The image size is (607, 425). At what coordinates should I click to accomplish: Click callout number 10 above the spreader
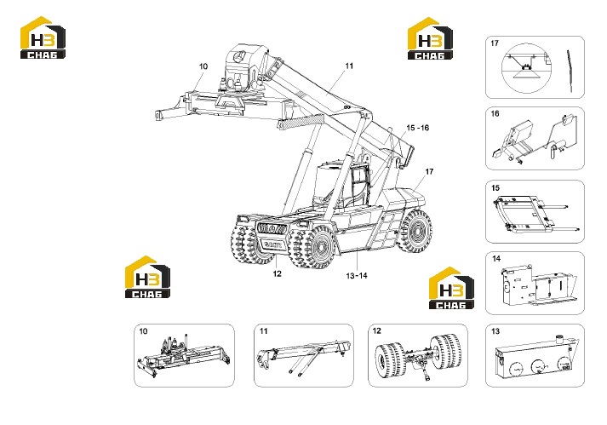point(203,66)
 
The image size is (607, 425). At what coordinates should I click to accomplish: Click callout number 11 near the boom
point(349,66)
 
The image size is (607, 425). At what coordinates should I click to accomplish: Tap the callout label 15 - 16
point(418,128)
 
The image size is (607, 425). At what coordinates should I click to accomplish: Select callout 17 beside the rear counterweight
point(429,171)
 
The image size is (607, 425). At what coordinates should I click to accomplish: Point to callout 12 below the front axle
point(278,273)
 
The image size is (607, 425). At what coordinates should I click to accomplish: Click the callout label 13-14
point(357,276)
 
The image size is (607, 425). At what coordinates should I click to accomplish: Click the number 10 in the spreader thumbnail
point(143,331)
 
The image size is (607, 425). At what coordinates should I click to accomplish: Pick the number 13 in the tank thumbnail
point(495,331)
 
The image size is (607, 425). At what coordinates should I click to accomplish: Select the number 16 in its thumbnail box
point(495,113)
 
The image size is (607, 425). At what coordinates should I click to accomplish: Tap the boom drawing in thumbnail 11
point(303,354)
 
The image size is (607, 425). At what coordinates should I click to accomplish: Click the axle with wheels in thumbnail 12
point(418,356)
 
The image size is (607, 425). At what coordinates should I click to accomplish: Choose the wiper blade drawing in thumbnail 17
point(570,72)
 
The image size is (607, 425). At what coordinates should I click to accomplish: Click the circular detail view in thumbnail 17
point(526,68)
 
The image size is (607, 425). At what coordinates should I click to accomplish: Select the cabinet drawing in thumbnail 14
point(538,284)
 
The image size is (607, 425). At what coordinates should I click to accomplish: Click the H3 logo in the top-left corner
point(43,37)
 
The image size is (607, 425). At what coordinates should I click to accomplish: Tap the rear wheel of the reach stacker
point(416,232)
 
